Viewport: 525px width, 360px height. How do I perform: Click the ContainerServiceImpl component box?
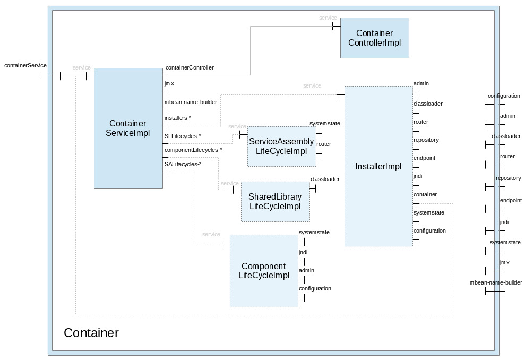pyautogui.click(x=128, y=128)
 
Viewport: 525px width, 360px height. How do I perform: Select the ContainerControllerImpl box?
pyautogui.click(x=374, y=38)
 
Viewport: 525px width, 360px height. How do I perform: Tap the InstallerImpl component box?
pyautogui.click(x=378, y=166)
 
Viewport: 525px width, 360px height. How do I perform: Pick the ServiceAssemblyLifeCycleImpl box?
pyautogui.click(x=281, y=146)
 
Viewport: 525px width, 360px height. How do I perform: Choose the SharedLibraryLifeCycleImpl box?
pyautogui.click(x=275, y=201)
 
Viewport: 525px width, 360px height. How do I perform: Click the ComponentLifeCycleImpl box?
pyautogui.click(x=263, y=271)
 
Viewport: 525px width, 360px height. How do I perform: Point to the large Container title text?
pyautogui.click(x=91, y=333)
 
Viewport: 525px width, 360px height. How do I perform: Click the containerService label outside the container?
pyautogui.click(x=25, y=66)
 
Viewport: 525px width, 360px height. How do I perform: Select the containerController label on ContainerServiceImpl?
pyautogui.click(x=190, y=68)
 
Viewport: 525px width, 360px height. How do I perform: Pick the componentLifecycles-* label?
pyautogui.click(x=193, y=150)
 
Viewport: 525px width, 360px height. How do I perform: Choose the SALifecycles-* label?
pyautogui.click(x=183, y=165)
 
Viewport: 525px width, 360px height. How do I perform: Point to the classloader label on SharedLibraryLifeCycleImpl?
pyautogui.click(x=324, y=179)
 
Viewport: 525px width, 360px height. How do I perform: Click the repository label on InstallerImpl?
pyautogui.click(x=426, y=140)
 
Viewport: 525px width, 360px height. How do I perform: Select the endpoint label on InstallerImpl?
pyautogui.click(x=424, y=158)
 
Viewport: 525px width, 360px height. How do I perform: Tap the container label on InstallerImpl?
pyautogui.click(x=425, y=194)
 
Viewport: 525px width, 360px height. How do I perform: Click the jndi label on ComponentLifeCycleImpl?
pyautogui.click(x=303, y=253)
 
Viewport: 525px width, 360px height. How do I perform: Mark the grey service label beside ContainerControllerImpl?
pyautogui.click(x=328, y=18)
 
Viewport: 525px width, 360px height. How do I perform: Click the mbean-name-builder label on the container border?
pyautogui.click(x=496, y=283)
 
